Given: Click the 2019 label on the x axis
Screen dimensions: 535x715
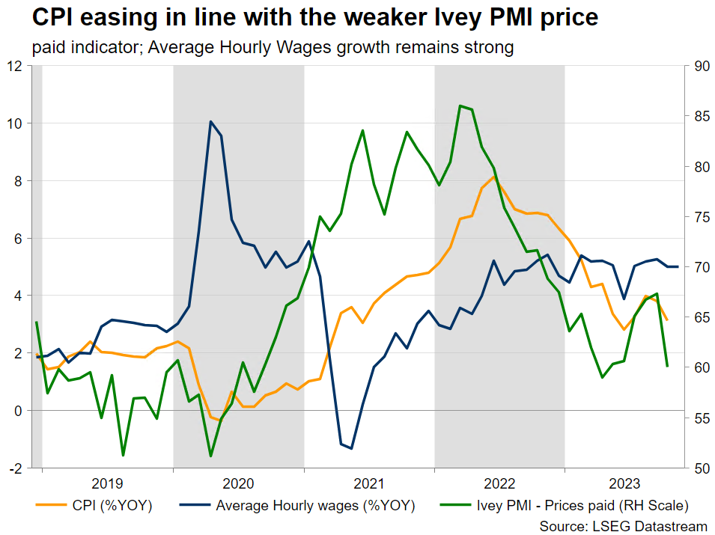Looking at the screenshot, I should point(107,484).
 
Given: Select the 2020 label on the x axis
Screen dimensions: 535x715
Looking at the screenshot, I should point(238,484).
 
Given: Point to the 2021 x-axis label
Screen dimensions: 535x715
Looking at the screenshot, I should point(369,484).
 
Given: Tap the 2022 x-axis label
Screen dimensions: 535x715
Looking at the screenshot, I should point(499,484).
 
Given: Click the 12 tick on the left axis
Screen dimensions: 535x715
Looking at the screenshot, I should point(14,66).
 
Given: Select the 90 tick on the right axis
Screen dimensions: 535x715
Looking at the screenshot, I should point(702,66).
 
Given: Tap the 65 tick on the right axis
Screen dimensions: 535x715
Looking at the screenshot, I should point(702,317).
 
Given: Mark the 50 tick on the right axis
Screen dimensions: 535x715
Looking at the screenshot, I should point(702,468).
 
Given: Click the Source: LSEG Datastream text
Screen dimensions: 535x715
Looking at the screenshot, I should point(623,526).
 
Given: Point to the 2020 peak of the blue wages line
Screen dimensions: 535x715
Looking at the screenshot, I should point(210,121).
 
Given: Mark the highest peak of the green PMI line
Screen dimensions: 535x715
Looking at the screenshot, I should point(460,106).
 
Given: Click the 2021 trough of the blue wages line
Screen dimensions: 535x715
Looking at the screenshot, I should point(351,448).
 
